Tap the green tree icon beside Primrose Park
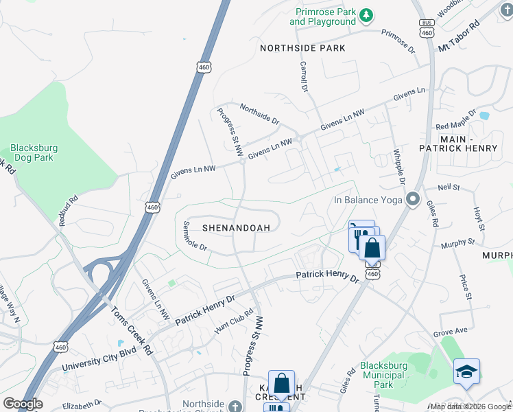point(367,14)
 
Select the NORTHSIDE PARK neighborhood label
point(302,48)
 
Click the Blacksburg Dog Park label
point(34,152)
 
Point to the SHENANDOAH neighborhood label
point(236,227)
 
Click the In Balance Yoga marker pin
point(413,200)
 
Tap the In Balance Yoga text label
point(367,201)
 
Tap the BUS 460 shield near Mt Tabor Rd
point(427,28)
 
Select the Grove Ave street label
point(450,331)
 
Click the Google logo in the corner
point(23,404)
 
